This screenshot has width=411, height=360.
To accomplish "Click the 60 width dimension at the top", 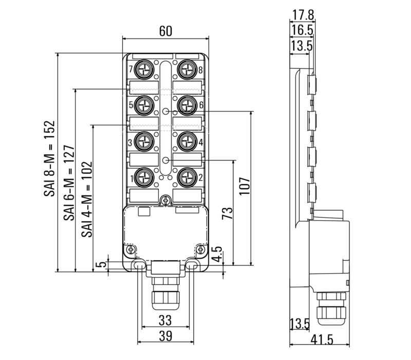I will click(x=165, y=31).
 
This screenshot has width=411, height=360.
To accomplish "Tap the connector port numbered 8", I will click(x=185, y=69).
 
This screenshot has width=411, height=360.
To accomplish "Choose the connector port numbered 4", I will click(x=185, y=141).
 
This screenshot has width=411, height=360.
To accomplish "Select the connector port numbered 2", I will click(x=185, y=178).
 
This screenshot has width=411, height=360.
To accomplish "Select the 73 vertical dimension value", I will click(x=227, y=212).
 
